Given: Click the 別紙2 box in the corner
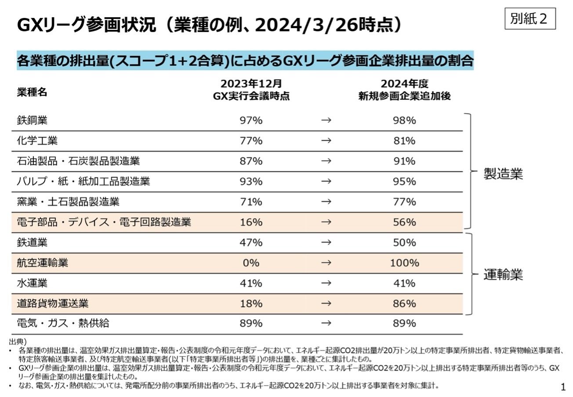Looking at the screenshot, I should click(530, 19).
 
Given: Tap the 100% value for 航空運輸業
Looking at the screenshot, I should click(404, 263).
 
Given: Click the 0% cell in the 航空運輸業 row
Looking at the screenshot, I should click(251, 263).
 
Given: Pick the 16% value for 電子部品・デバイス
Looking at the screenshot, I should click(251, 222).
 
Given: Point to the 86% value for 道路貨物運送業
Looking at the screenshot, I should click(404, 303).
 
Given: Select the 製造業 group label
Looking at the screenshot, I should click(503, 174).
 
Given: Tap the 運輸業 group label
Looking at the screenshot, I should click(503, 275).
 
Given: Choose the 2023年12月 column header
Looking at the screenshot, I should click(251, 83).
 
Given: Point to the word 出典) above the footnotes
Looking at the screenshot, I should click(18, 341).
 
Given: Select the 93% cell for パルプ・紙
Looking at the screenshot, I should click(251, 181).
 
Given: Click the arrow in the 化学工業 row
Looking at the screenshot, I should click(326, 141).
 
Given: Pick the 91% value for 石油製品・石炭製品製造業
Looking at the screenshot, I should click(404, 161).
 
